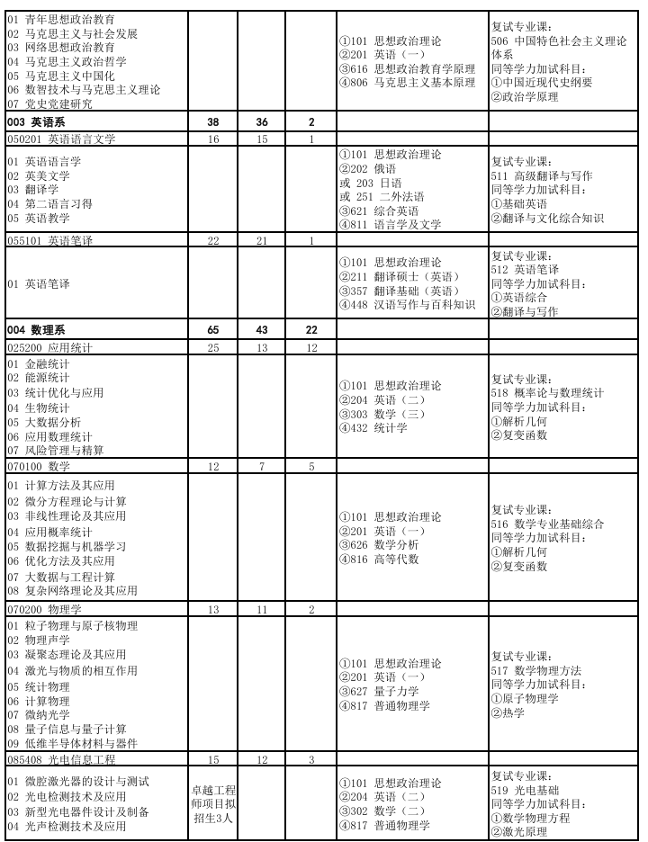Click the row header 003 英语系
click(x=36, y=122)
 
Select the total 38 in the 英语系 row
click(x=213, y=122)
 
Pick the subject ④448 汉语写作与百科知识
click(x=407, y=304)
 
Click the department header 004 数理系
click(x=36, y=331)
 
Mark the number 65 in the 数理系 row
click(x=213, y=331)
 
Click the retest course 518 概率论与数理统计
click(x=547, y=393)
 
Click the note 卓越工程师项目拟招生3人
click(x=213, y=803)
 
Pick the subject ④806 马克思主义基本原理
click(x=407, y=83)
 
